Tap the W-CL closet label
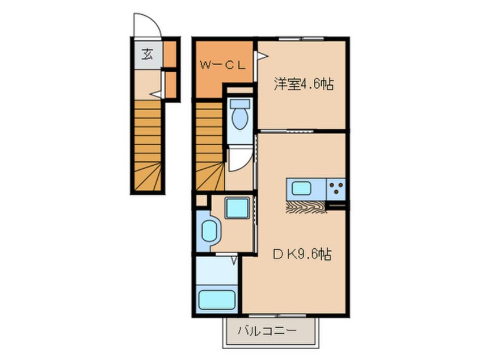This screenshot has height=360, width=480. pyautogui.click(x=222, y=65)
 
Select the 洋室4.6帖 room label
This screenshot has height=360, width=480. pyautogui.click(x=304, y=85)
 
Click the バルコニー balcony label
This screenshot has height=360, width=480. pyautogui.click(x=267, y=330)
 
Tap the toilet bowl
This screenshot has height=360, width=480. pyautogui.click(x=239, y=118)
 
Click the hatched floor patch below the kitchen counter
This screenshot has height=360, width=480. pyautogui.click(x=306, y=207)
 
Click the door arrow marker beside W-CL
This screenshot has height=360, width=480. pyautogui.click(x=262, y=56)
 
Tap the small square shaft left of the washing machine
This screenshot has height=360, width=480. pyautogui.click(x=202, y=200)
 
